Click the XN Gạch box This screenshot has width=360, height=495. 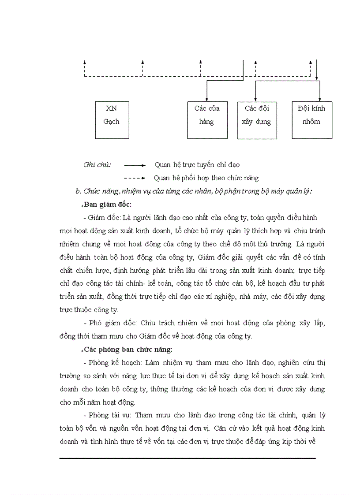coord(111,120)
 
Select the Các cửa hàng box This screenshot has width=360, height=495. coord(206,120)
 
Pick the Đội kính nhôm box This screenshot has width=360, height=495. coord(312,120)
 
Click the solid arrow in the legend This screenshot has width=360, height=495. coord(135,165)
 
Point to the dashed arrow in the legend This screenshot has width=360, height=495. coord(135,179)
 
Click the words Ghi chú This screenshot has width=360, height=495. coord(97,165)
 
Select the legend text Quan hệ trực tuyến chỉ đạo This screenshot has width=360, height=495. coord(197,165)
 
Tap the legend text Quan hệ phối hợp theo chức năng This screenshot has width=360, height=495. coord(206,178)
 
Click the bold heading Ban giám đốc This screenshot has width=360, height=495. coord(108,205)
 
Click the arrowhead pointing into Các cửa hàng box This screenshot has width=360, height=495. coord(206,100)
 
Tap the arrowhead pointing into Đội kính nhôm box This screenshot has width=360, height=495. coord(320,100)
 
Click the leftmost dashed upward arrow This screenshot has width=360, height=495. coord(85,63)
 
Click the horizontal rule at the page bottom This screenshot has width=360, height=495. coord(187,458)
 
